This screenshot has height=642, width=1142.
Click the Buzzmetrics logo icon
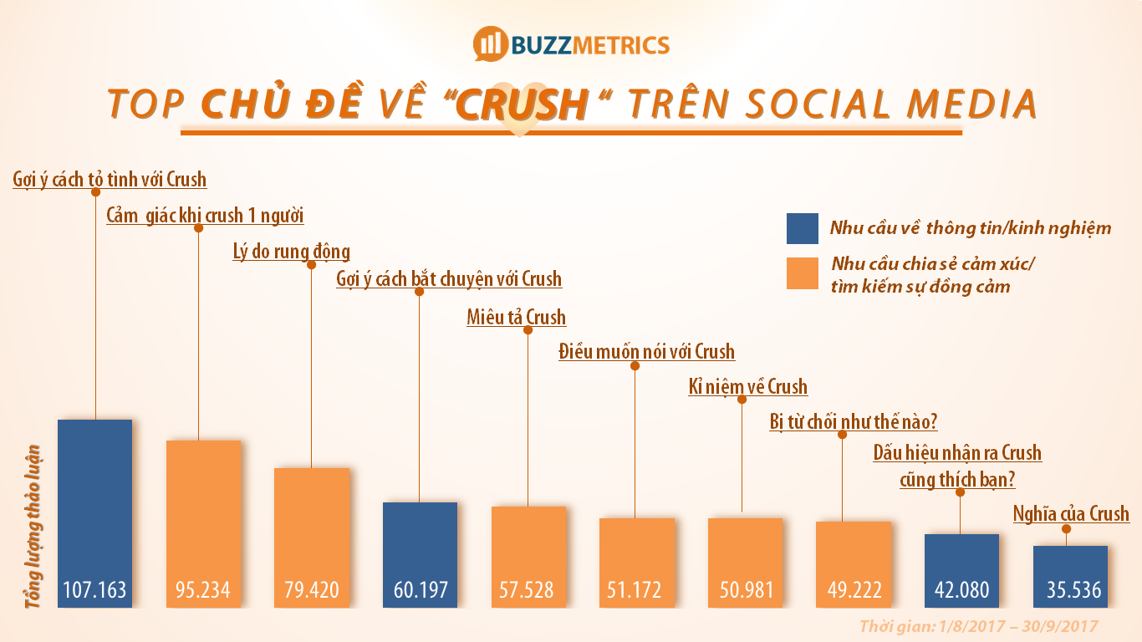(491, 44)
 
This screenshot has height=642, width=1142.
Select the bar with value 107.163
(94, 510)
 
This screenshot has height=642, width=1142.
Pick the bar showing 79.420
(312, 535)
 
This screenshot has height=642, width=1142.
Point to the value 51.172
(637, 590)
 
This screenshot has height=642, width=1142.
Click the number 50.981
(745, 590)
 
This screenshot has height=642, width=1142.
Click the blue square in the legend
(802, 228)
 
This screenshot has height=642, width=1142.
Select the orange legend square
(802, 273)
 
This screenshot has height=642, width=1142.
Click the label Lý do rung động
(291, 252)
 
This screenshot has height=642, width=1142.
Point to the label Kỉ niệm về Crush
(747, 387)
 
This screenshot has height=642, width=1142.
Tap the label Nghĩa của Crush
(1071, 513)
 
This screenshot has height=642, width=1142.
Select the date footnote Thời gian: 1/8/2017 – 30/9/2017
(977, 626)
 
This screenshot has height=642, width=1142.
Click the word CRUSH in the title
(523, 104)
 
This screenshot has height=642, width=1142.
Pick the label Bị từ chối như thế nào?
(853, 421)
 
